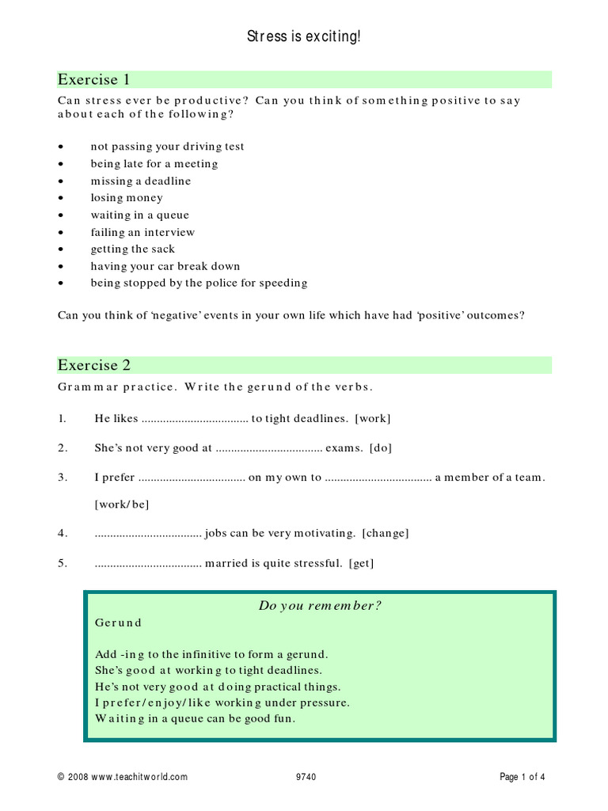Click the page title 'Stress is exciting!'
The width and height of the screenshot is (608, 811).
tap(304, 36)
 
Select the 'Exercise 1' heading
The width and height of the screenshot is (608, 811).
tap(93, 79)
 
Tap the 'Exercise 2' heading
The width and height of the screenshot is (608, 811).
tap(93, 365)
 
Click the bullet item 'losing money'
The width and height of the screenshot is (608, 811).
tap(127, 198)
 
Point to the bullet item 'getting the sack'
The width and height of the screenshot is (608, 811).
tap(132, 249)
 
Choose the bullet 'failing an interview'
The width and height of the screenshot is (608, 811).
tap(142, 232)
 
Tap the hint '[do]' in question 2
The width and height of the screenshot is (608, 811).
tap(380, 447)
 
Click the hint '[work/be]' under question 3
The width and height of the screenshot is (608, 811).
tap(121, 504)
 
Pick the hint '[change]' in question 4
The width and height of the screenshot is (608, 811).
tap(386, 533)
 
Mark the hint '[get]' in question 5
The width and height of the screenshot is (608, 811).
tap(361, 563)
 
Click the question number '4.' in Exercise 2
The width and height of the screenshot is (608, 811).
tap(63, 533)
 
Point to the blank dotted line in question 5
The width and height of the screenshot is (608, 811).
tap(148, 564)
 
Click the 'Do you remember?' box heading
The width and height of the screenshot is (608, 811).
tap(320, 606)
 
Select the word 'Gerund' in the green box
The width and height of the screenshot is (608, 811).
tap(118, 623)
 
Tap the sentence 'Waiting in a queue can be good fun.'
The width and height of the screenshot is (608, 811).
tap(195, 718)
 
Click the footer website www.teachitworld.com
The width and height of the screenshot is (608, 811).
tap(140, 777)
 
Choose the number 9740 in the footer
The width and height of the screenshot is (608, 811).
tap(306, 777)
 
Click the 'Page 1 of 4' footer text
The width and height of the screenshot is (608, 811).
tap(522, 777)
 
